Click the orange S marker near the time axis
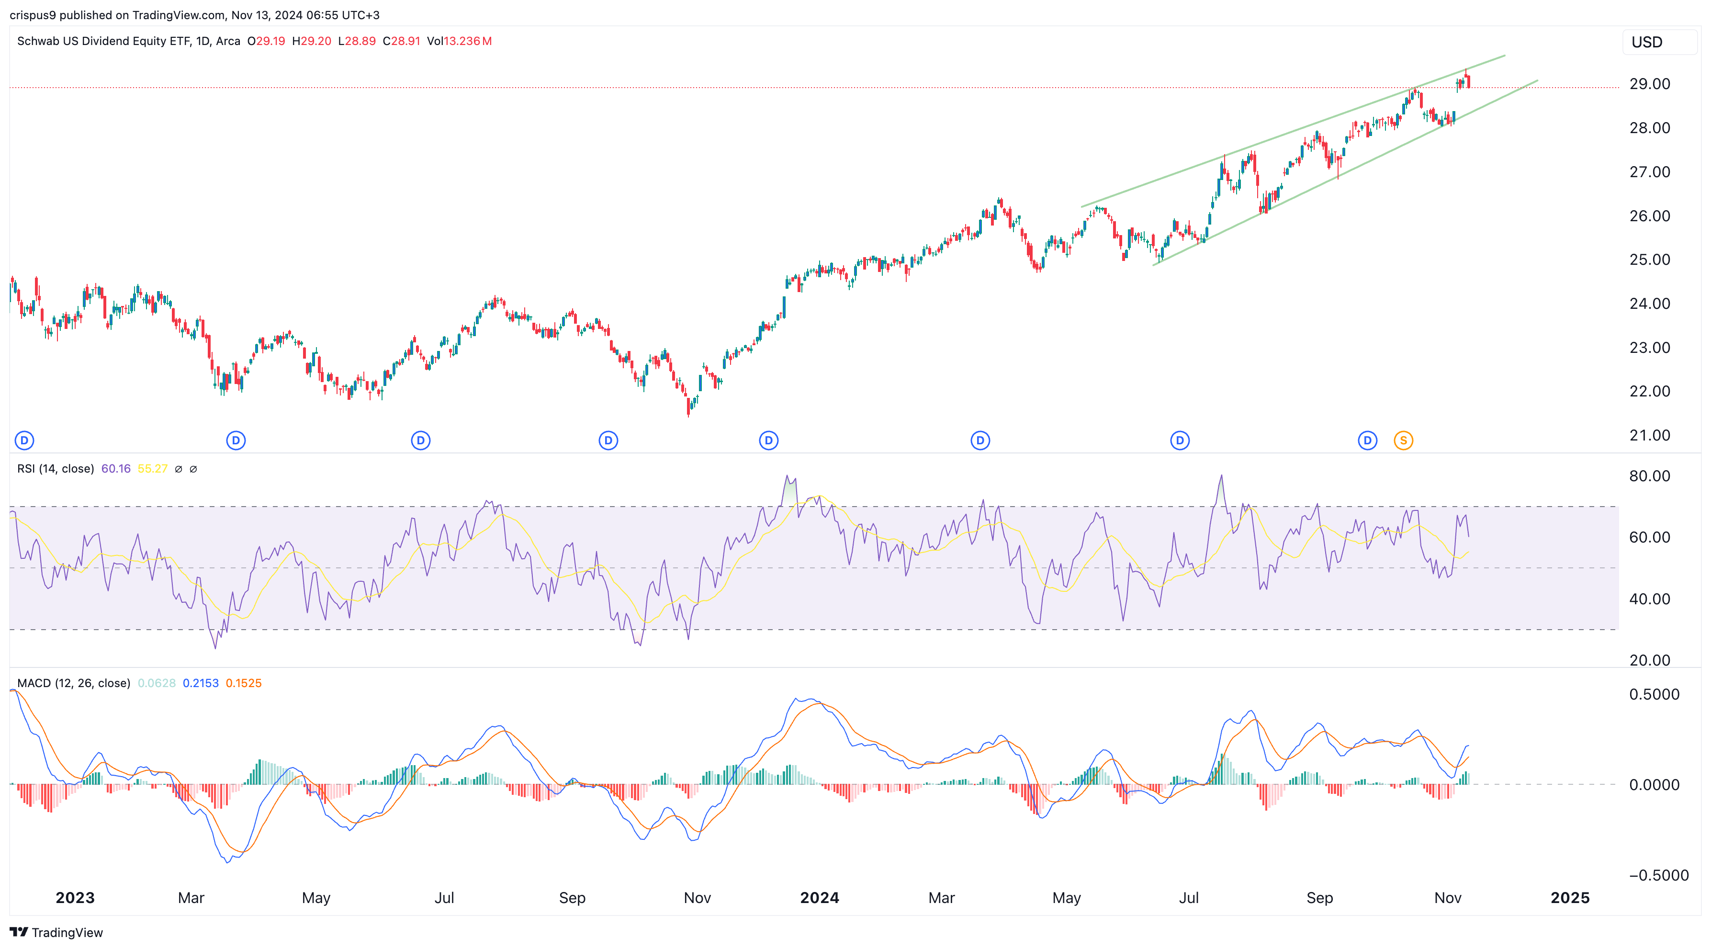coord(1403,441)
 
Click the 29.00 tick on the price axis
coord(1649,84)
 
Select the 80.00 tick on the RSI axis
coord(1649,476)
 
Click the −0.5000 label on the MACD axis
coord(1658,875)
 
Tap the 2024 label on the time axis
coord(819,898)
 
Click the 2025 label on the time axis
coord(1569,898)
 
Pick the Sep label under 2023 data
coord(572,898)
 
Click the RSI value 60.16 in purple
coord(115,469)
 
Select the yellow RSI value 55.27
coord(152,469)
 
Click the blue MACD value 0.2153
coord(201,683)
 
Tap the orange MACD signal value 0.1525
coord(244,683)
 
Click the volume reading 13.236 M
coord(468,41)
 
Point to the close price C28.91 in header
coord(401,41)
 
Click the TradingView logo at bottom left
coord(56,932)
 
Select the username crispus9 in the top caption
coord(33,15)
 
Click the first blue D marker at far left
coord(24,441)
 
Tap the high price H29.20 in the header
coord(312,41)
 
